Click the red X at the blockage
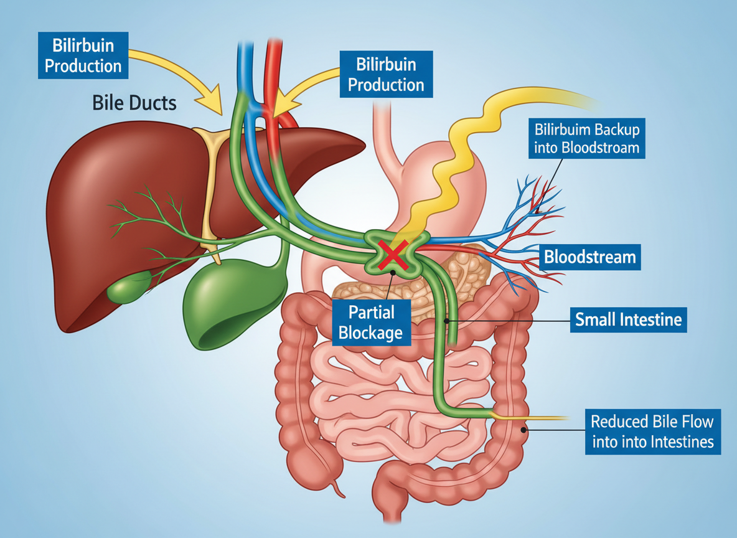pos(393,254)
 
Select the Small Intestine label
pos(628,320)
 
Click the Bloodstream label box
pos(589,257)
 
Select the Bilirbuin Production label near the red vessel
pos(386,73)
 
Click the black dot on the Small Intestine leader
pos(447,321)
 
